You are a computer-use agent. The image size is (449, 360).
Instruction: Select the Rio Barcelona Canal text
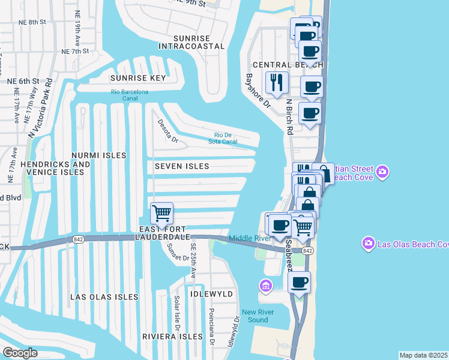[x=129, y=95]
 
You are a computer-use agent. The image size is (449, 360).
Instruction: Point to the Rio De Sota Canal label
[x=226, y=138]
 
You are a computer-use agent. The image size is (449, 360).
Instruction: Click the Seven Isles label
[x=182, y=166]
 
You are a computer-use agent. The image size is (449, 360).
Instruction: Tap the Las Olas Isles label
[x=104, y=297]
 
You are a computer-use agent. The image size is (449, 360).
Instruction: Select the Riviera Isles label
[x=172, y=337]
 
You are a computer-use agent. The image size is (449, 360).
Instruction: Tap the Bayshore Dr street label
[x=259, y=91]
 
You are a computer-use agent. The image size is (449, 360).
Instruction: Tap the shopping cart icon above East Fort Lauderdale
[x=161, y=213]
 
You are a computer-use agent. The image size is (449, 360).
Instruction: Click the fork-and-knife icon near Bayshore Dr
[x=277, y=82]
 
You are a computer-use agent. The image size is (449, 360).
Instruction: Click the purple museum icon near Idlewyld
[x=265, y=284]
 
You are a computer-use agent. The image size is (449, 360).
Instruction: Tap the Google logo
[x=20, y=353]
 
